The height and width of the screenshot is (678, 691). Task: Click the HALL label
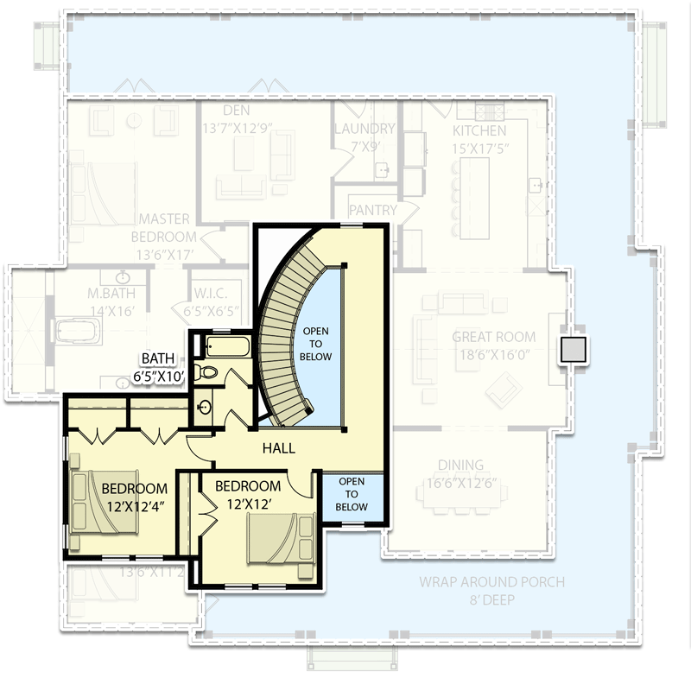point(279,448)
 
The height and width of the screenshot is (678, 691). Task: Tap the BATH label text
point(160,358)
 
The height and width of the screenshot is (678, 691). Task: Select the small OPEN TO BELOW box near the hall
point(352,495)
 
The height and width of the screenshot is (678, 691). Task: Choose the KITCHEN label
point(479,131)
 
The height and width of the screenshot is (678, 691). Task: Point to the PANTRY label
point(372,210)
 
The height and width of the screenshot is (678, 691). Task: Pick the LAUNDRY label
point(364,129)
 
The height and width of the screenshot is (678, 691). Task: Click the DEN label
point(236,111)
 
